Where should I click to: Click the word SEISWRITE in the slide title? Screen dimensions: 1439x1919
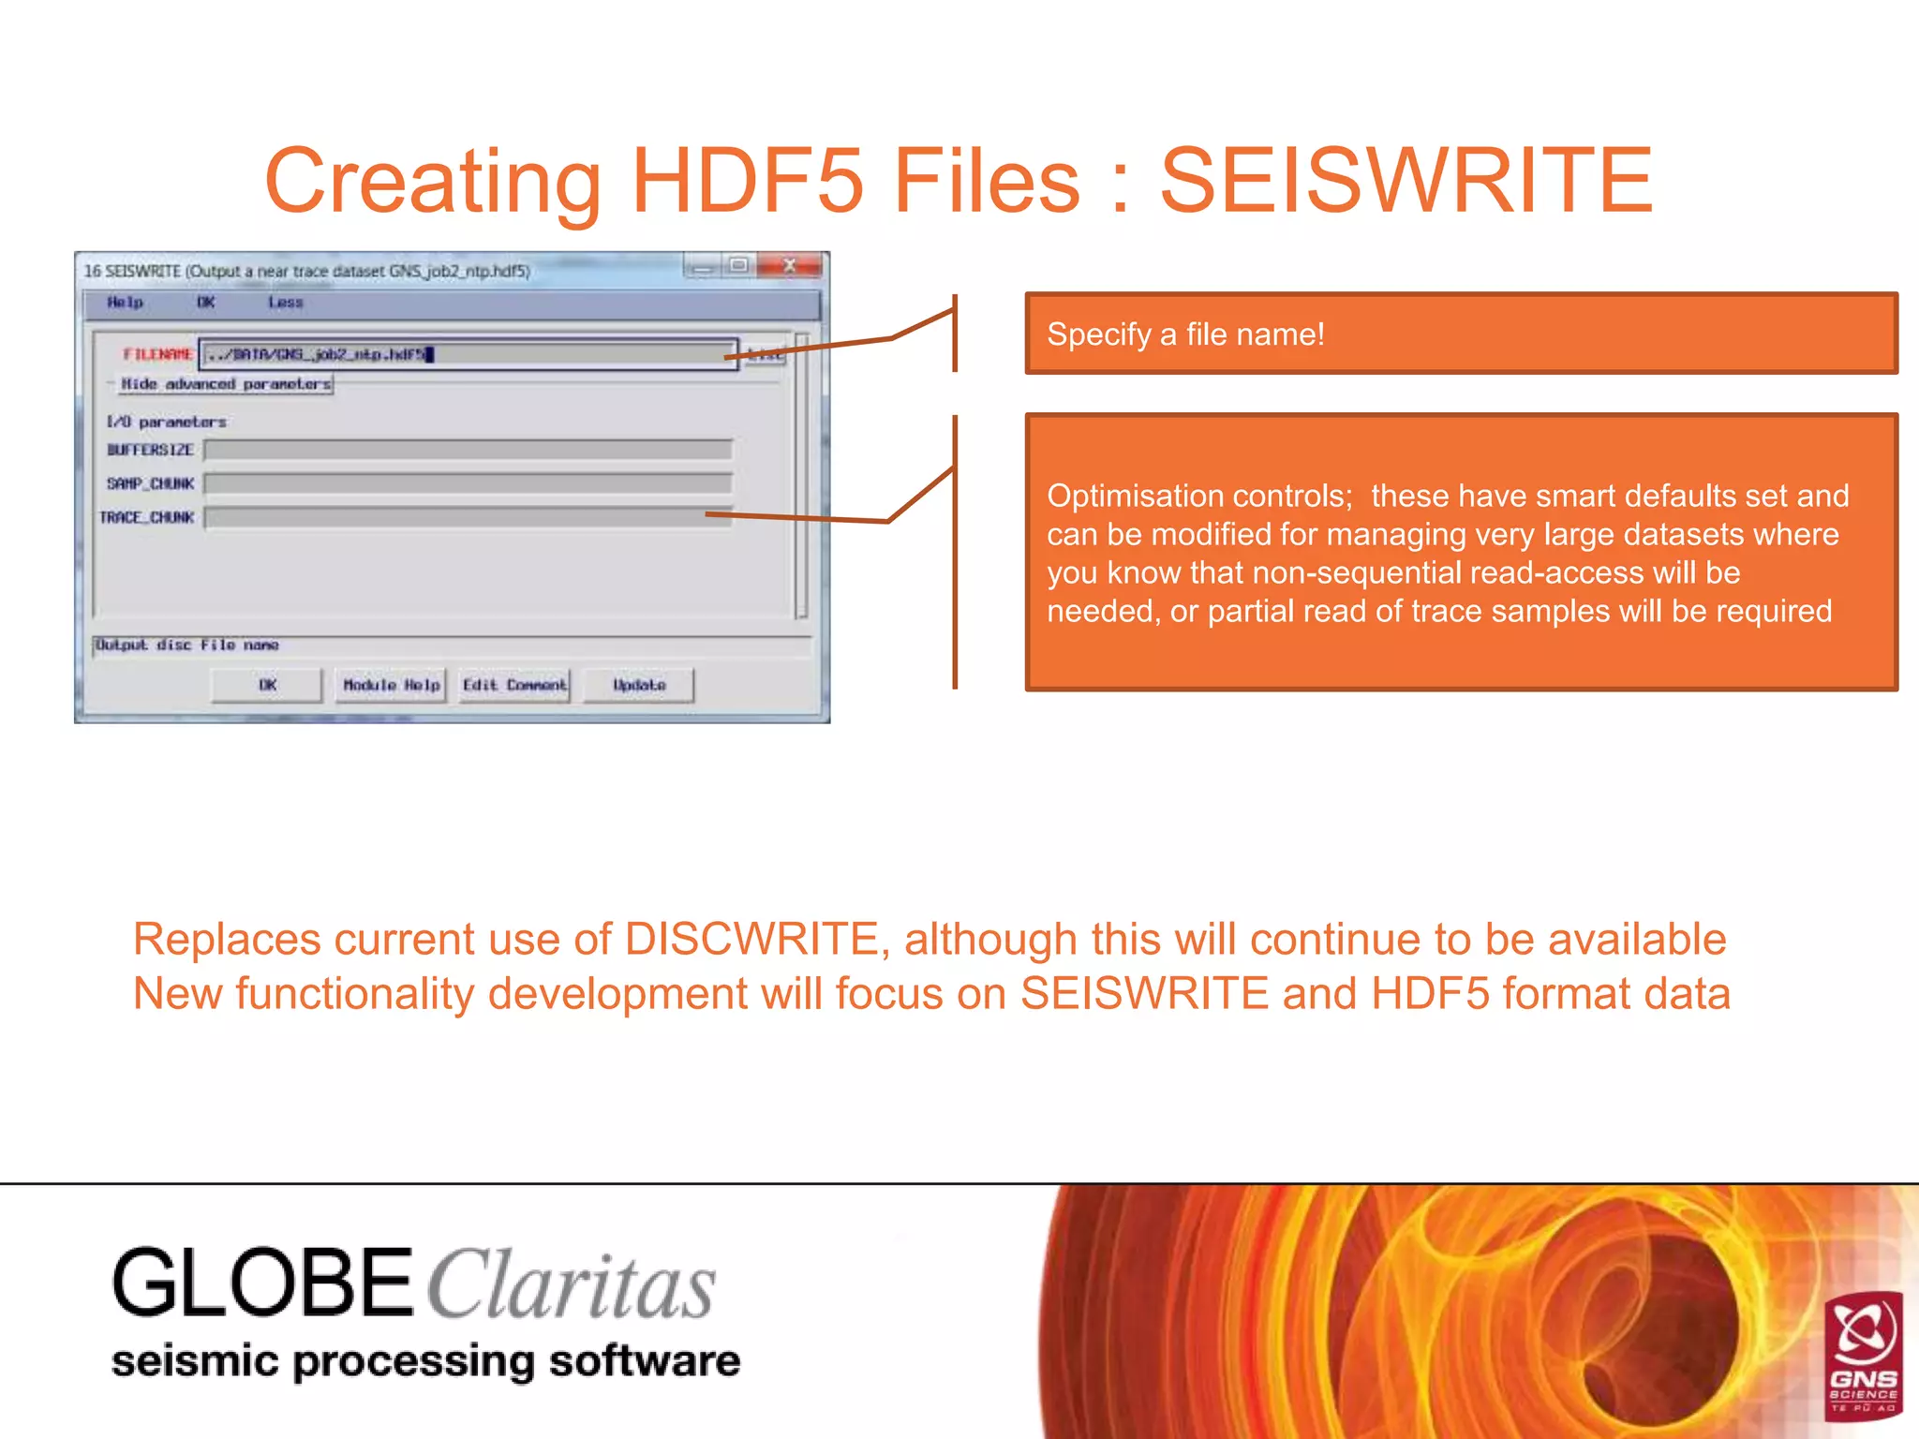pyautogui.click(x=1406, y=180)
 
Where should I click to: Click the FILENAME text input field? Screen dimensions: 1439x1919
pyautogui.click(x=469, y=354)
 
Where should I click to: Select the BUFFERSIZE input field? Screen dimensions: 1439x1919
pyautogui.click(x=469, y=451)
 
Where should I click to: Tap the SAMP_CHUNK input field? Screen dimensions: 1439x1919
pyautogui.click(x=469, y=483)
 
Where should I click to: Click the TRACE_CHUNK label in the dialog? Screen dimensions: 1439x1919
pyautogui.click(x=147, y=517)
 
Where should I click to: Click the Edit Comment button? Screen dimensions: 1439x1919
pyautogui.click(x=514, y=685)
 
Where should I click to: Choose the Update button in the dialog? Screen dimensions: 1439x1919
pyautogui.click(x=639, y=685)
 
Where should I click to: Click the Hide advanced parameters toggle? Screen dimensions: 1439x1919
pyautogui.click(x=226, y=384)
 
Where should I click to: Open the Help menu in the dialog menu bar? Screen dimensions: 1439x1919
pyautogui.click(x=125, y=303)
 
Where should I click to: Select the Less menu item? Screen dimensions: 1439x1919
pyautogui.click(x=285, y=303)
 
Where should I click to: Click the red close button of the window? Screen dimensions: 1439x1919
pyautogui.click(x=790, y=266)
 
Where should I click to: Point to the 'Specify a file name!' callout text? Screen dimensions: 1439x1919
pyautogui.click(x=1185, y=334)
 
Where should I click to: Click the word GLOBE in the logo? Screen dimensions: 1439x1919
pyautogui.click(x=262, y=1283)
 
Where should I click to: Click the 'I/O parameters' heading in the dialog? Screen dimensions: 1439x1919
pyautogui.click(x=166, y=423)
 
